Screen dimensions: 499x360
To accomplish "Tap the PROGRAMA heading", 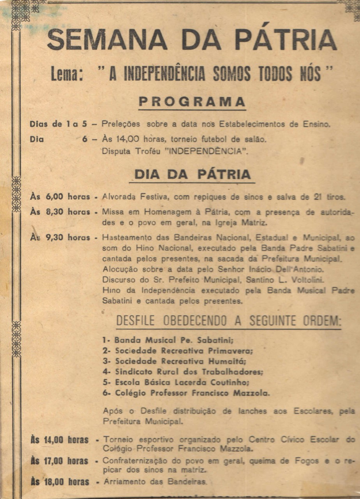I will tap(192, 102).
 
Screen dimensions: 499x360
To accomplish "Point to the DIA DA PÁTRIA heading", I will tap(192, 174).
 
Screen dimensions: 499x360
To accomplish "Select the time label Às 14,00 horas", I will tap(60, 440).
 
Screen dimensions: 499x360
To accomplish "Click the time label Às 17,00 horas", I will tap(60, 461).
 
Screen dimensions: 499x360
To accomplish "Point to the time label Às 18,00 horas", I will tap(60, 482).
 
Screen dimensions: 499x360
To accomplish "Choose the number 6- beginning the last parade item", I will tap(107, 393).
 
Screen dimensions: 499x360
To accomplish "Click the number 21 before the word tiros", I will tap(318, 197).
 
